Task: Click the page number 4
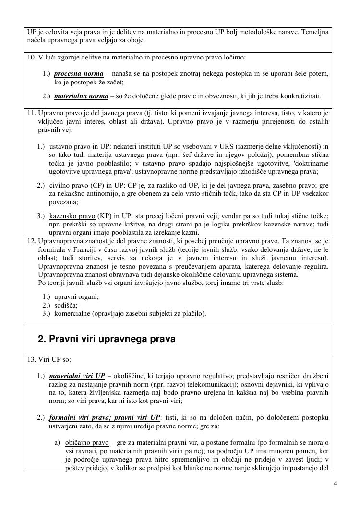pyautogui.click(x=336, y=483)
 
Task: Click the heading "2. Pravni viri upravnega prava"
pyautogui.click(x=107, y=339)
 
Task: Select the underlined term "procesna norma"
pyautogui.click(x=79, y=74)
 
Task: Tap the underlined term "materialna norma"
pyautogui.click(x=81, y=96)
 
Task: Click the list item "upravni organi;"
pyautogui.click(x=77, y=296)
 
